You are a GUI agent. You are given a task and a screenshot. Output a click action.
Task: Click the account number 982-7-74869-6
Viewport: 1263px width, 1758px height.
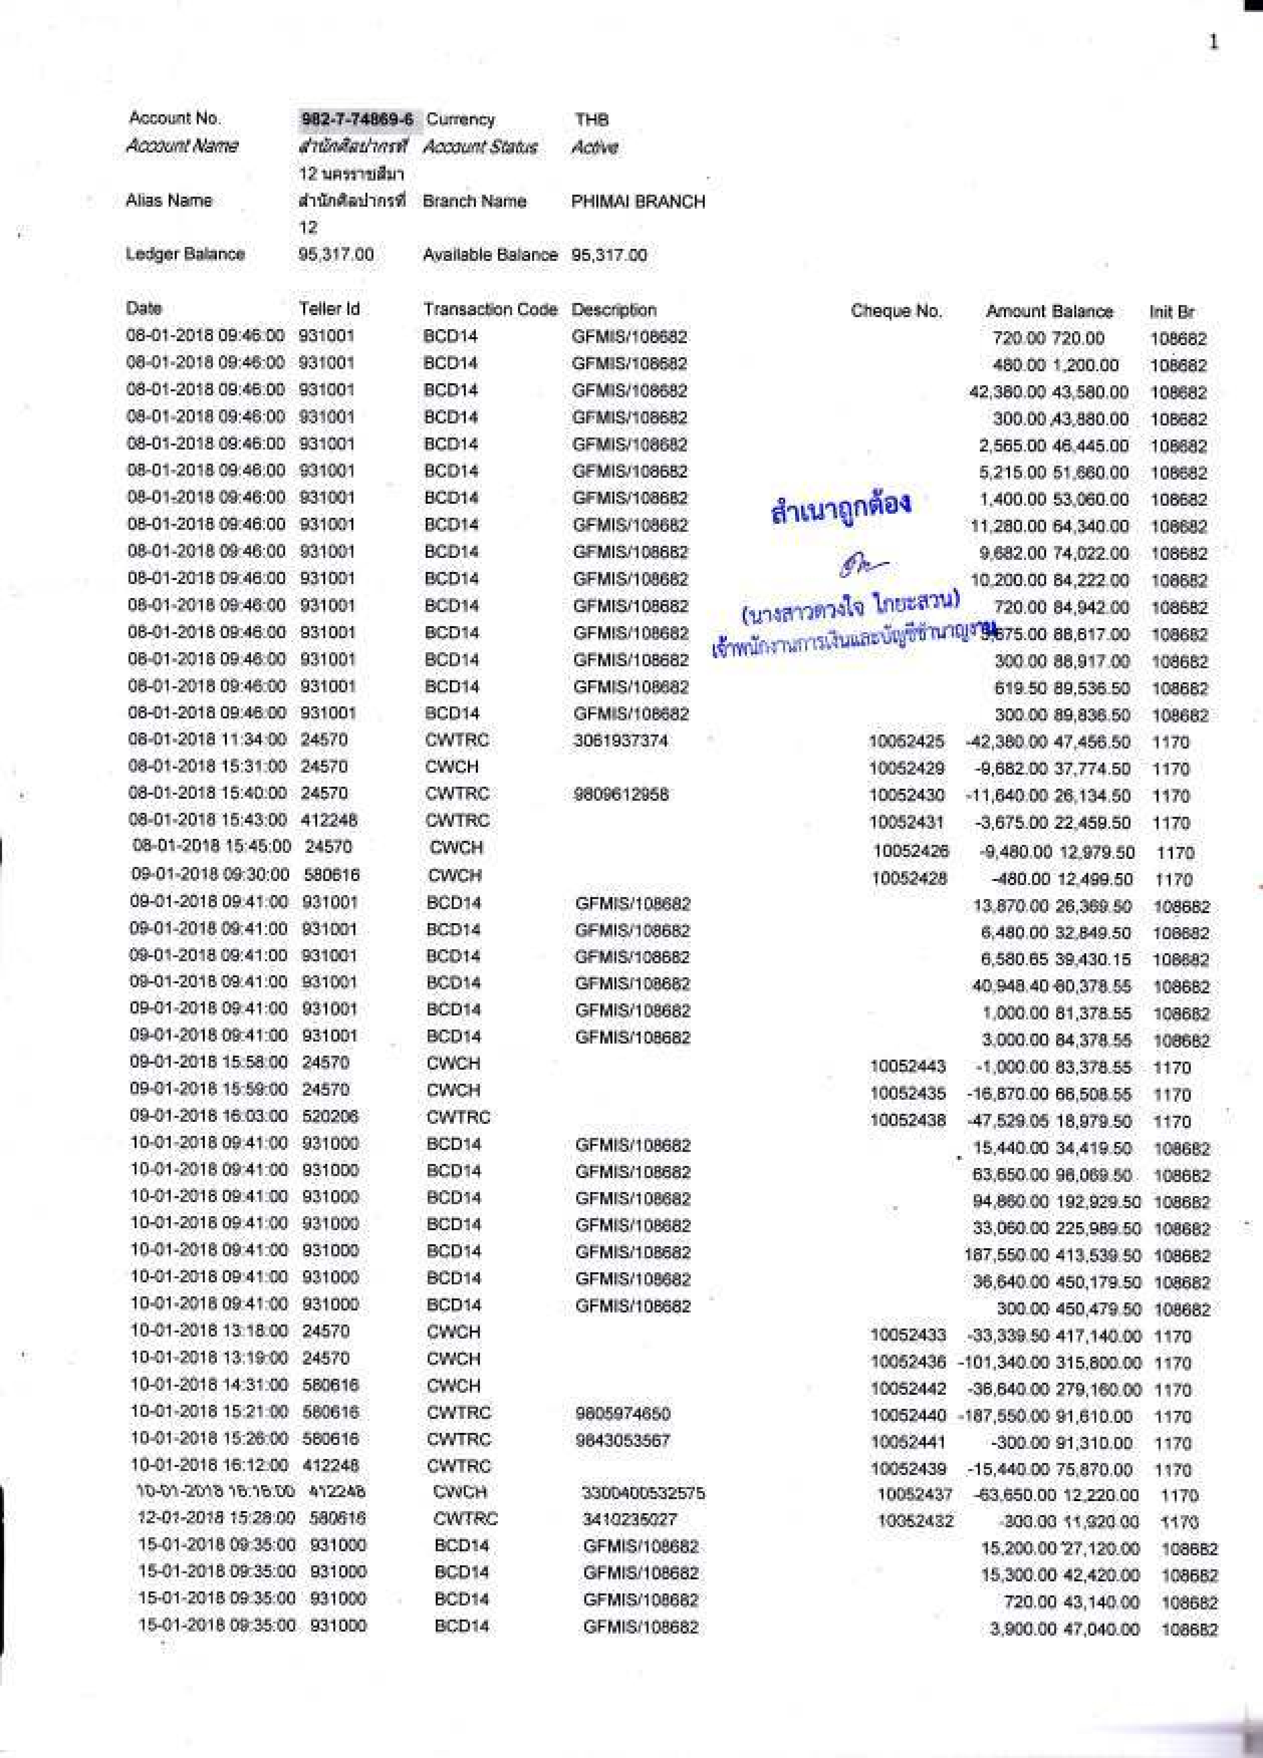tap(356, 120)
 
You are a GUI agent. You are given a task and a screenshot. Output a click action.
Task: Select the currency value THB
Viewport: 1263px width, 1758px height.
tap(591, 119)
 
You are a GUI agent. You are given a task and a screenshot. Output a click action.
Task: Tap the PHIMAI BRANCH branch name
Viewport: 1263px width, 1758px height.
tap(638, 202)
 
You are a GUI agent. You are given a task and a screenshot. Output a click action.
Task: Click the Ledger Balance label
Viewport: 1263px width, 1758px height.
tap(185, 254)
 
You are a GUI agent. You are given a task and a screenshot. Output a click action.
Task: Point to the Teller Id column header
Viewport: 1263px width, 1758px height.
tap(329, 309)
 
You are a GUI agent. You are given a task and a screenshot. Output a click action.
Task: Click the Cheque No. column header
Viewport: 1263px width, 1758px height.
tap(896, 311)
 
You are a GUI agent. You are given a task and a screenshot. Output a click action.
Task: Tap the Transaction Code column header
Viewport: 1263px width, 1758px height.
tap(490, 309)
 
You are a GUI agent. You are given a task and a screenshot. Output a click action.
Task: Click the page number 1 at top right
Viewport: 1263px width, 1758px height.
tap(1213, 42)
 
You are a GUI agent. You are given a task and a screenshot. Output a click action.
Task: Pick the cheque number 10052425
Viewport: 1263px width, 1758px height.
tap(907, 741)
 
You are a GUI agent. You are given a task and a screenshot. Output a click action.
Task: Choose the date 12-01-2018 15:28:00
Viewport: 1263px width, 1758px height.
tap(216, 1519)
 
